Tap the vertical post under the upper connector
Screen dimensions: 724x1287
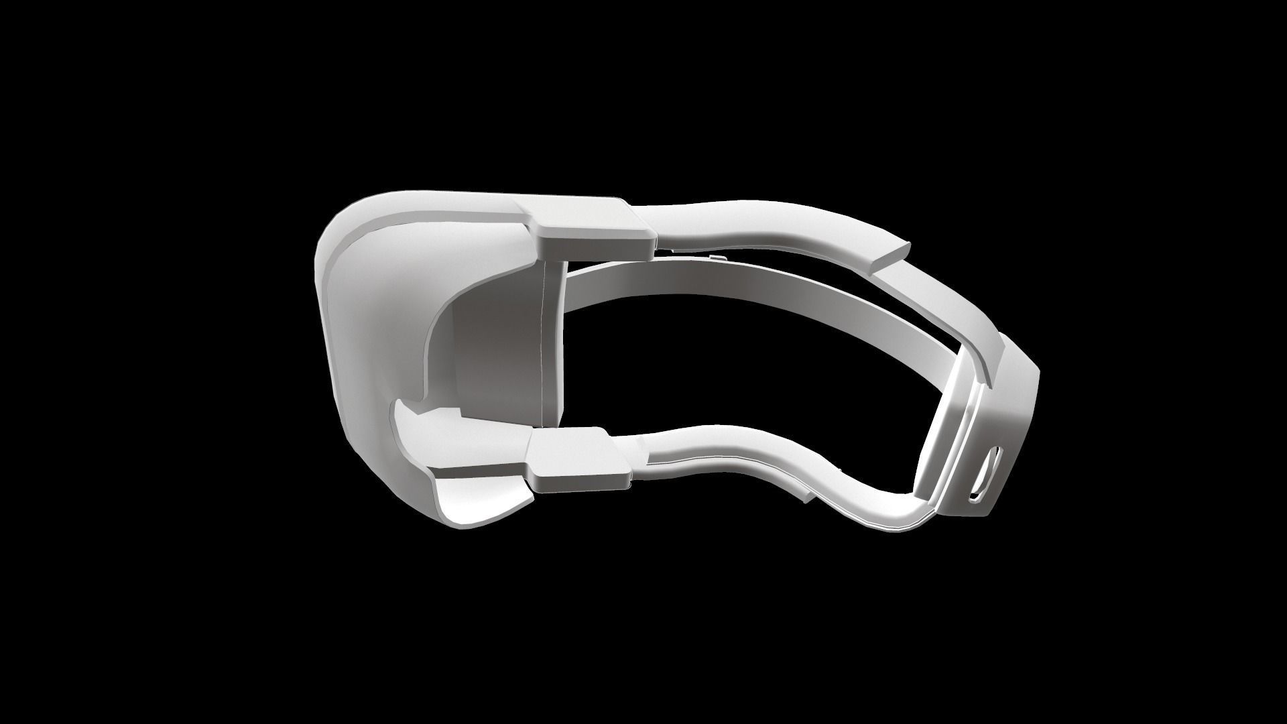coord(553,342)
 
